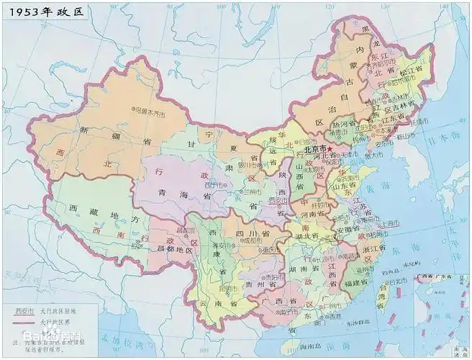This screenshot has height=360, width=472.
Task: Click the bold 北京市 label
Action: [x=317, y=150]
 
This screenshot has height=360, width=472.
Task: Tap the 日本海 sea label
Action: [x=437, y=146]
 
